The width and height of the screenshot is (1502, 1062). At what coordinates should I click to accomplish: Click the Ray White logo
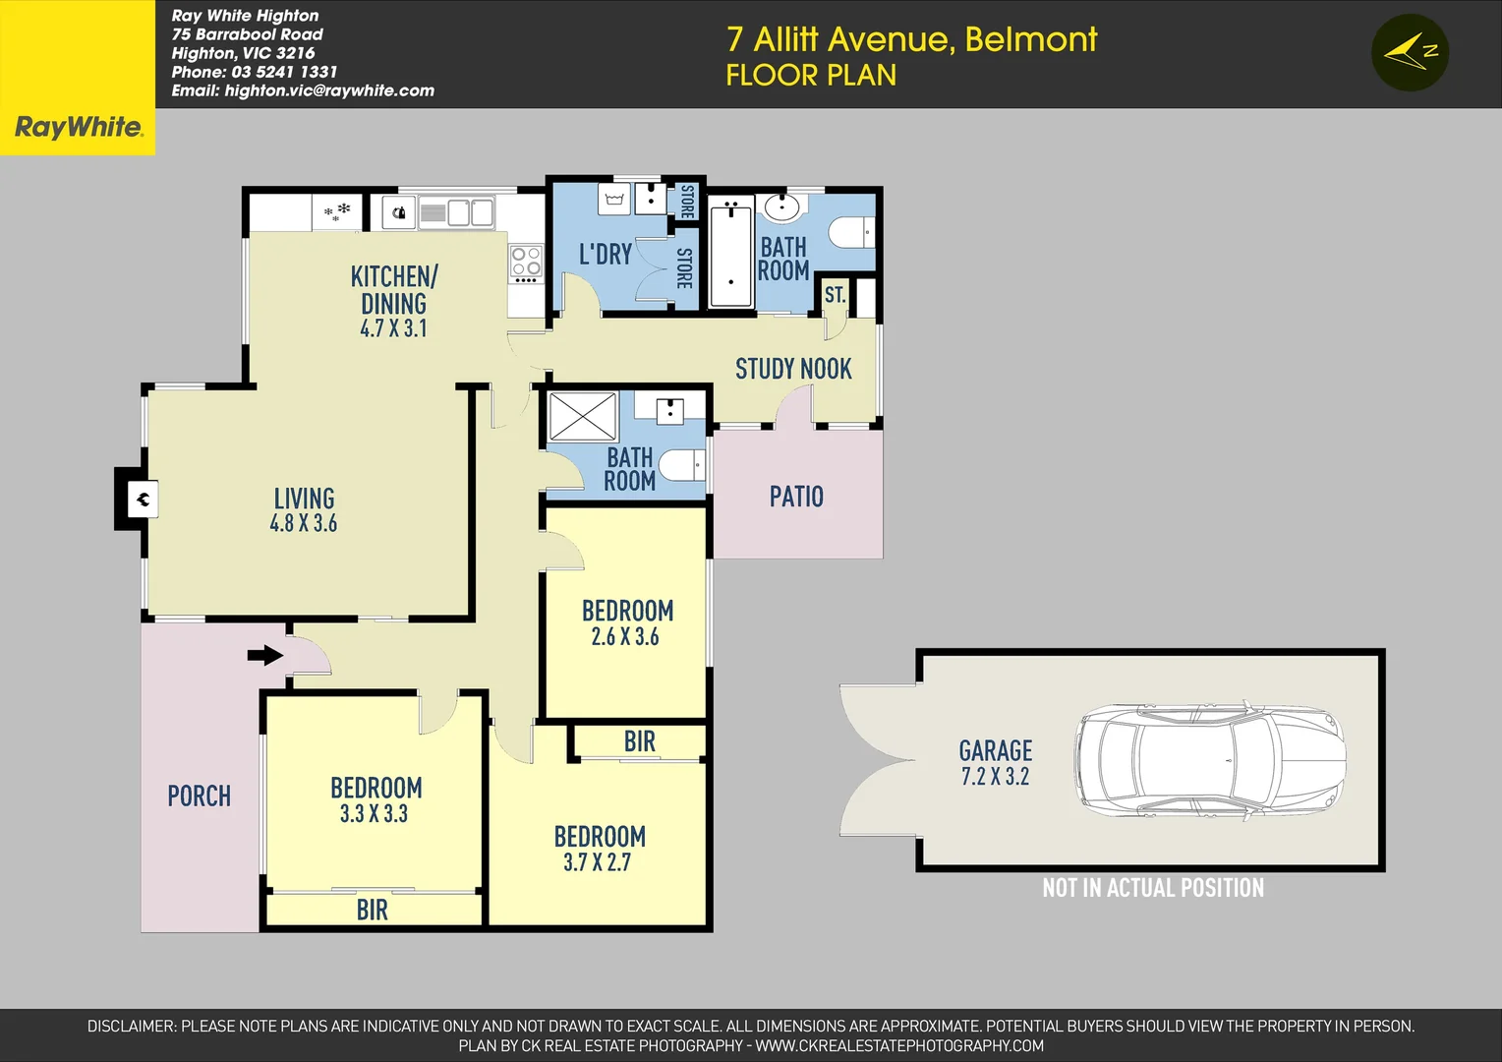[x=78, y=127]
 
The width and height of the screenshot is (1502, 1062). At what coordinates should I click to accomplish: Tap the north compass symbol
[x=1410, y=53]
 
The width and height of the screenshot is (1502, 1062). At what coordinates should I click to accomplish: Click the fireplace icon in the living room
[x=143, y=500]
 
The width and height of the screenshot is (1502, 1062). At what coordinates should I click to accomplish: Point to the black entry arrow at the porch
[x=264, y=655]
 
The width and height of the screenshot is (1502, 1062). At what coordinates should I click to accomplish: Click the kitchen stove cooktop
[x=526, y=264]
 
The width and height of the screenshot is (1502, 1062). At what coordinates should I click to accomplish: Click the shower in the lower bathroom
[x=582, y=416]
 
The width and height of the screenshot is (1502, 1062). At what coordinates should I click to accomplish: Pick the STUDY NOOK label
[x=793, y=369]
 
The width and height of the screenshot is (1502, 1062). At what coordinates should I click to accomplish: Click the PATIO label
[x=796, y=497]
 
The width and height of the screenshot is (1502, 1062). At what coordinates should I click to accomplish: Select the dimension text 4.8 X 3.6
[x=303, y=524]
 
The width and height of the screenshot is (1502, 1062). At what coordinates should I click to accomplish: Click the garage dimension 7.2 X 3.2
[x=995, y=777]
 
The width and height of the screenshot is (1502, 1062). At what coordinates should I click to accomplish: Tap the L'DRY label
[x=605, y=255]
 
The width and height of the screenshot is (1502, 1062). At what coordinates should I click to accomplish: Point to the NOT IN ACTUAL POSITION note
[x=1152, y=888]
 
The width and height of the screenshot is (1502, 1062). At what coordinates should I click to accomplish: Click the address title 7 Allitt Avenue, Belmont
[x=911, y=39]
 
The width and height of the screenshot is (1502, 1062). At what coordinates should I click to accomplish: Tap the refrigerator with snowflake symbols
[x=337, y=211]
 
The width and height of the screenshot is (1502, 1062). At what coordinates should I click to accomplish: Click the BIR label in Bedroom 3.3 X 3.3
[x=372, y=911]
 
